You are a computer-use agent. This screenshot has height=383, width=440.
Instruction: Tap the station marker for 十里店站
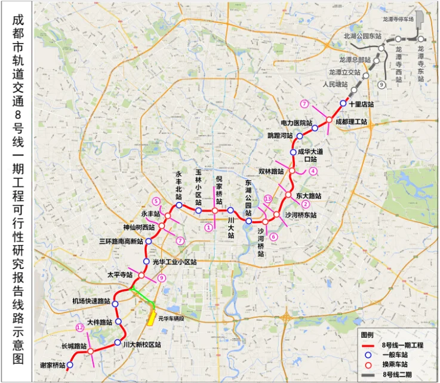(343, 103)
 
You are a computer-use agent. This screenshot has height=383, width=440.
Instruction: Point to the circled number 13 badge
(268, 198)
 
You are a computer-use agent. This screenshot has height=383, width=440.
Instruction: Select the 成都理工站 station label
(351, 121)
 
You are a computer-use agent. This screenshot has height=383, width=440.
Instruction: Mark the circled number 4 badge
(313, 170)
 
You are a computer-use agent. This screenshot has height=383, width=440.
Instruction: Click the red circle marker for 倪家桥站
(215, 210)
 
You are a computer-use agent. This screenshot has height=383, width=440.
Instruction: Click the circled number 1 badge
(208, 226)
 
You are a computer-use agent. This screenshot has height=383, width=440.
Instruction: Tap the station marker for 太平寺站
(141, 275)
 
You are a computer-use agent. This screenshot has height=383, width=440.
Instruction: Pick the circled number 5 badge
(156, 201)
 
